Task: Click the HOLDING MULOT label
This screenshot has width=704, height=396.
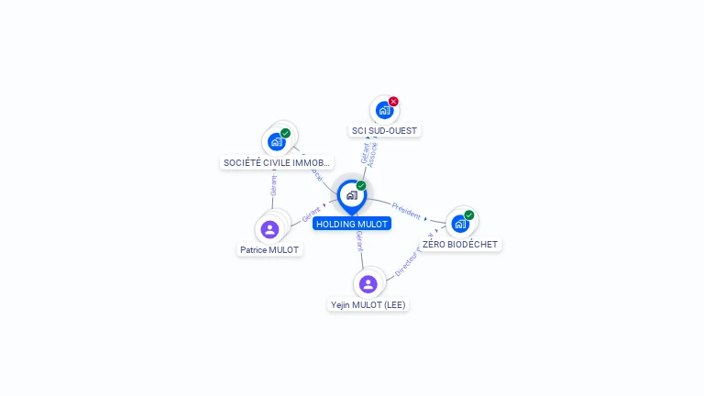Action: (x=352, y=224)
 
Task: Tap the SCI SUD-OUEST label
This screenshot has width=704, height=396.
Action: (x=384, y=130)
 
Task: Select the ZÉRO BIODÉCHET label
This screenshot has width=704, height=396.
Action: (x=460, y=245)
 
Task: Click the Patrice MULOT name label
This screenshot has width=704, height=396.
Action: (x=269, y=249)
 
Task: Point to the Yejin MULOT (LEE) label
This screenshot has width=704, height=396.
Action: (x=368, y=304)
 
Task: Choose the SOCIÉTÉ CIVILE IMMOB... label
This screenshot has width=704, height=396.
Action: (x=277, y=162)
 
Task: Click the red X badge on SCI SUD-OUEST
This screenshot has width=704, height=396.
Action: (x=393, y=102)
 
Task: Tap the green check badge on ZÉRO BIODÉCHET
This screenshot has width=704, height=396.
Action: (x=469, y=215)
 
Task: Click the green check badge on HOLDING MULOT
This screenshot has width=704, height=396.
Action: (x=361, y=186)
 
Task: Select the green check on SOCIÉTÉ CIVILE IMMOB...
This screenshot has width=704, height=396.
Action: (x=285, y=134)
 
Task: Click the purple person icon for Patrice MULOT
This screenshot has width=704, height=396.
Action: (x=269, y=228)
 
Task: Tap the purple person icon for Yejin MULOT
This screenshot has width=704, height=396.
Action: (x=368, y=283)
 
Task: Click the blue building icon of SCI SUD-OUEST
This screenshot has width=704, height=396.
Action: (x=384, y=110)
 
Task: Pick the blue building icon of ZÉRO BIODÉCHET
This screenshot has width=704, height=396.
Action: (x=459, y=223)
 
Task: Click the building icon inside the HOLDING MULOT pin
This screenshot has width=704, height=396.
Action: (x=351, y=194)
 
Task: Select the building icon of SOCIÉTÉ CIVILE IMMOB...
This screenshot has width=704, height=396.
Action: (x=276, y=142)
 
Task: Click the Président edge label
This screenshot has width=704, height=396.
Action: (x=406, y=210)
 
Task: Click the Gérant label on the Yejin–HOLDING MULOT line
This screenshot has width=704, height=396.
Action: (x=359, y=242)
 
